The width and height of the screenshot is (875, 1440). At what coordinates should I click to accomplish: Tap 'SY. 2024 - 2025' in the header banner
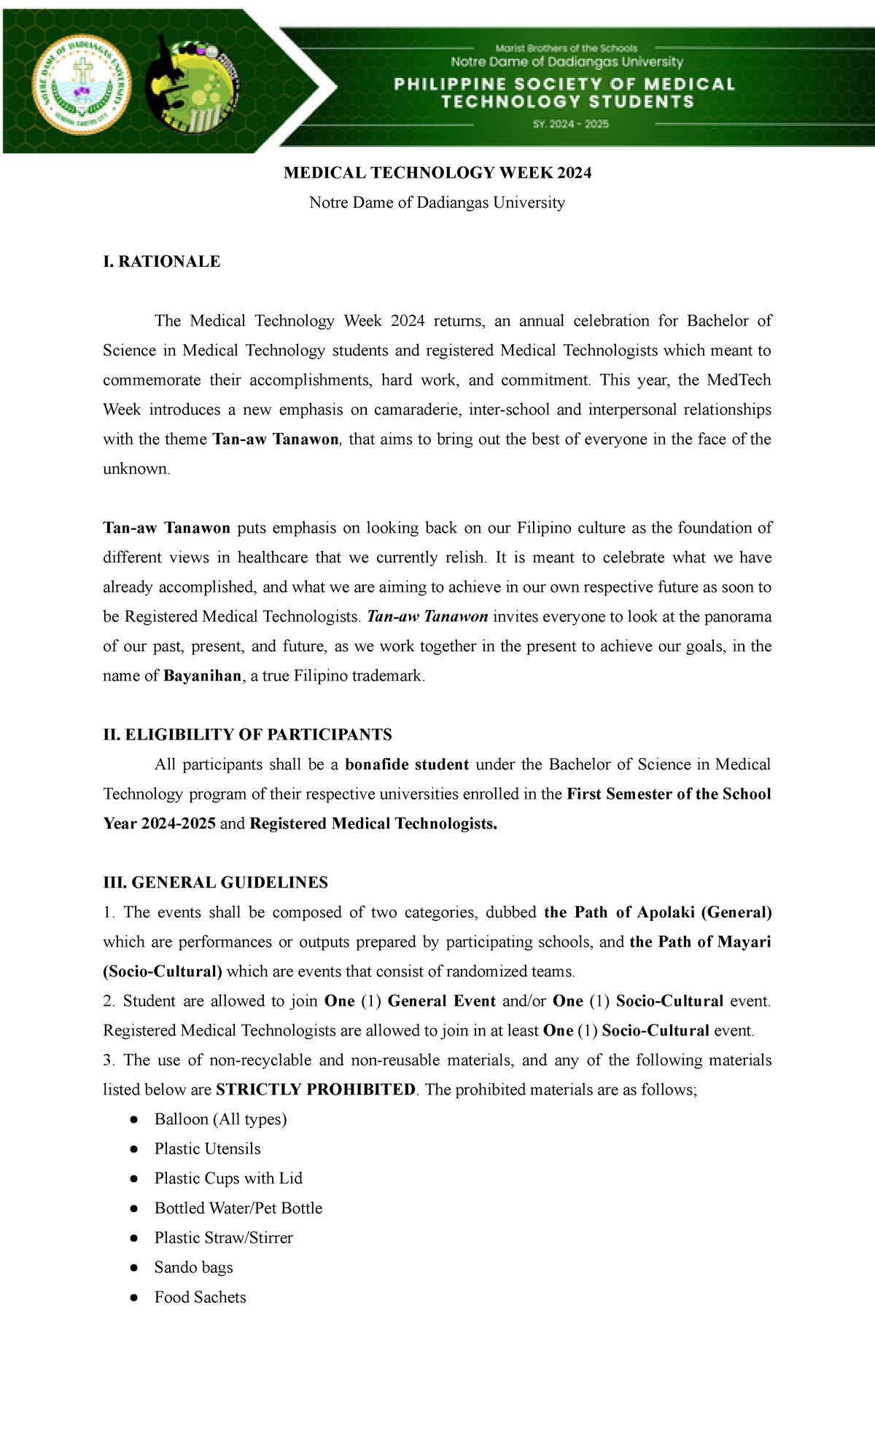click(x=570, y=124)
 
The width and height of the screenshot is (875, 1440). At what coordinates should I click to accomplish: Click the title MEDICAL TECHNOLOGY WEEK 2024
click(x=437, y=173)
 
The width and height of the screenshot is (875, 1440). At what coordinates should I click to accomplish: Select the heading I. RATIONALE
click(x=161, y=262)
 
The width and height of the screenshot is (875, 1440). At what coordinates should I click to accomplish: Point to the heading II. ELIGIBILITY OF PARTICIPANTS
click(x=247, y=735)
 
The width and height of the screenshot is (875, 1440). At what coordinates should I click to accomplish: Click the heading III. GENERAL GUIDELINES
click(x=215, y=883)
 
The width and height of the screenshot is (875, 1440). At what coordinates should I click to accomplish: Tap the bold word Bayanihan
click(x=202, y=676)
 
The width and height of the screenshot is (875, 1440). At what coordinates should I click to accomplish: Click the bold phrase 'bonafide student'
click(x=406, y=764)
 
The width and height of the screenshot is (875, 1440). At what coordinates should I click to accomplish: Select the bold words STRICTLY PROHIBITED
click(x=315, y=1089)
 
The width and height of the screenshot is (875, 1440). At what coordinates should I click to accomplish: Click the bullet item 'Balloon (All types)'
click(x=220, y=1119)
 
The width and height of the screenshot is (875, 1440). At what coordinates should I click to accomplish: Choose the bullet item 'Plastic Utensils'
click(x=207, y=1149)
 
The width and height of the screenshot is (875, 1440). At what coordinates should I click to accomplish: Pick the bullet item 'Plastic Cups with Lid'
click(x=228, y=1178)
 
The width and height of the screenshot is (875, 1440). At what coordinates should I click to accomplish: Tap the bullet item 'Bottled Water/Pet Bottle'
click(x=238, y=1208)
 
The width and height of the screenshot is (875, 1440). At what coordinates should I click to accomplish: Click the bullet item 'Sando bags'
click(x=193, y=1267)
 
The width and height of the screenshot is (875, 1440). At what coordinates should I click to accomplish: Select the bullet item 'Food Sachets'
click(x=200, y=1297)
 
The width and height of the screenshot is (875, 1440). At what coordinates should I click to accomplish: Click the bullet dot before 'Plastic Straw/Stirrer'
click(x=133, y=1238)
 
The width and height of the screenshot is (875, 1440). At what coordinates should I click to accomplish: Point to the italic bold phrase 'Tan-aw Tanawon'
click(x=427, y=617)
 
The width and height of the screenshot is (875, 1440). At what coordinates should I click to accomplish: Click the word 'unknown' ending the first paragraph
click(x=136, y=469)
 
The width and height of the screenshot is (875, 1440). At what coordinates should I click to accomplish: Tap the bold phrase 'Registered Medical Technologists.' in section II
click(x=373, y=823)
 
